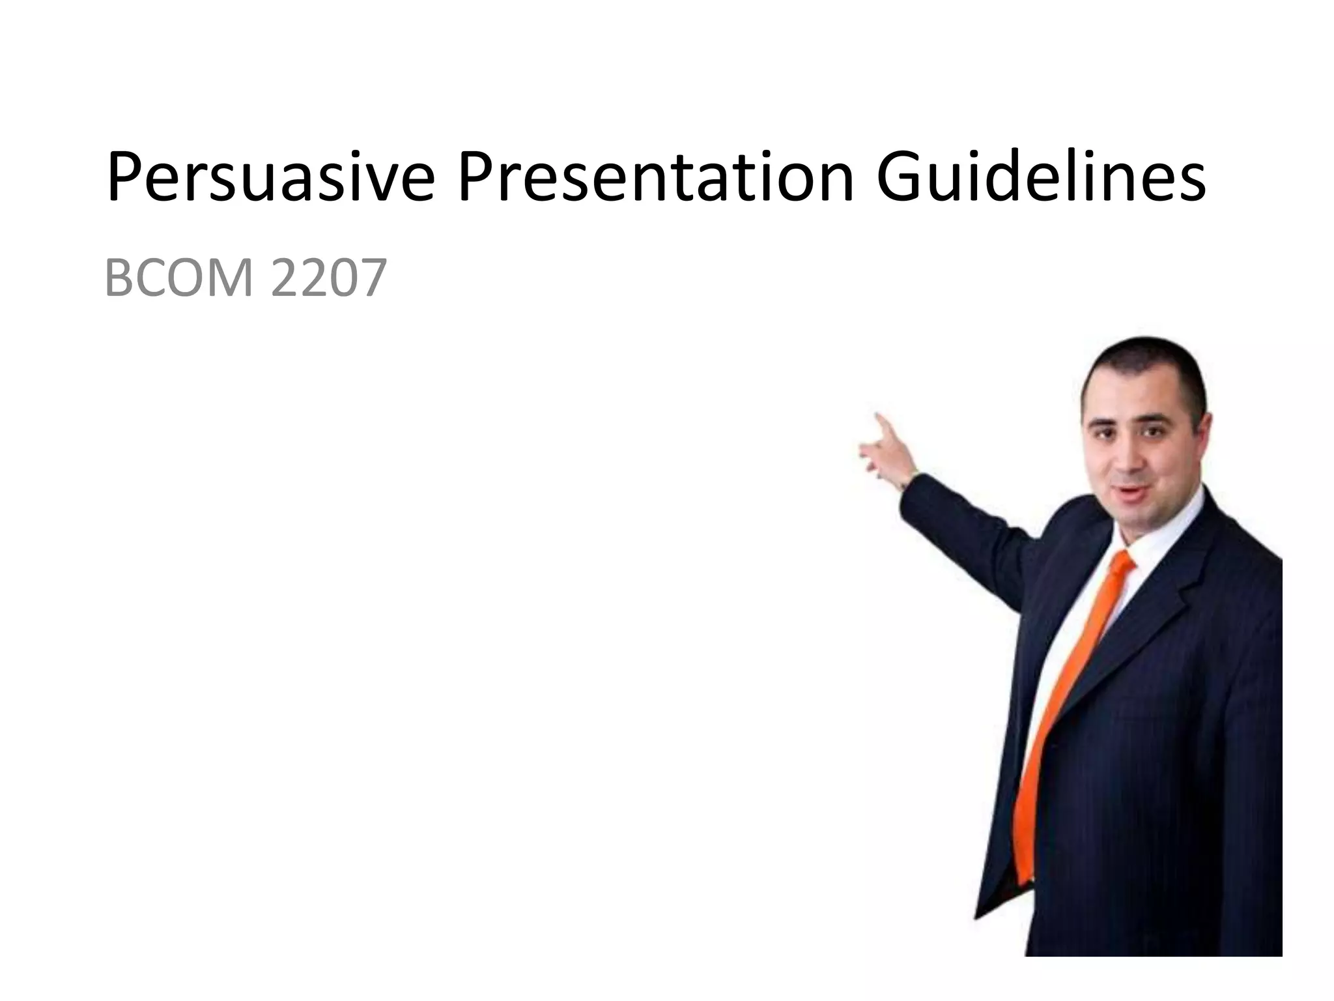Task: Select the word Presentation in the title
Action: [x=655, y=177]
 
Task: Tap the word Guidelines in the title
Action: [x=1040, y=177]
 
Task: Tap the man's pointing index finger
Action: [x=881, y=422]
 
